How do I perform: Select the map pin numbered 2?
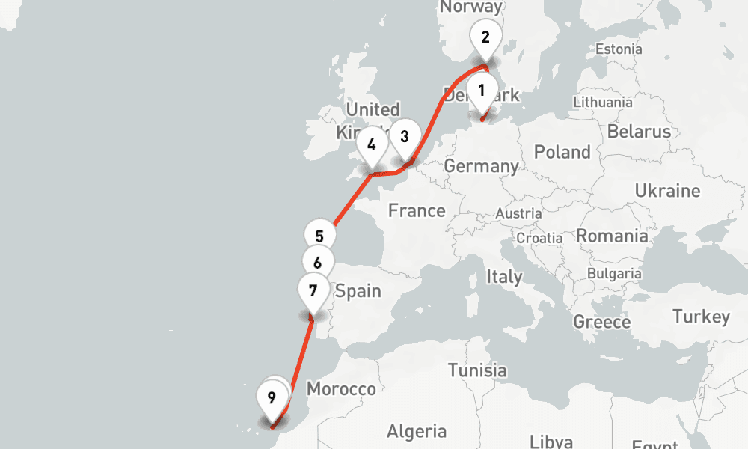(485, 37)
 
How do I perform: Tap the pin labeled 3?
(405, 137)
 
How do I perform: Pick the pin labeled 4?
(372, 143)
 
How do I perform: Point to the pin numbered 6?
(318, 263)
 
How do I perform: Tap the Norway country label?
(467, 7)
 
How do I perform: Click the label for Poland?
(562, 152)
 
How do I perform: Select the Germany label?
(481, 165)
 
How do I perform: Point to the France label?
(417, 211)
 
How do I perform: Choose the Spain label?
(358, 291)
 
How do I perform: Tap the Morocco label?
(341, 389)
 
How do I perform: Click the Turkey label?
(701, 317)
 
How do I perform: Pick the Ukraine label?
(667, 191)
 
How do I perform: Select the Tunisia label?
(477, 370)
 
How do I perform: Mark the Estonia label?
(618, 49)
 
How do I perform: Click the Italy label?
(504, 276)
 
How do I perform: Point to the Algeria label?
(416, 431)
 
